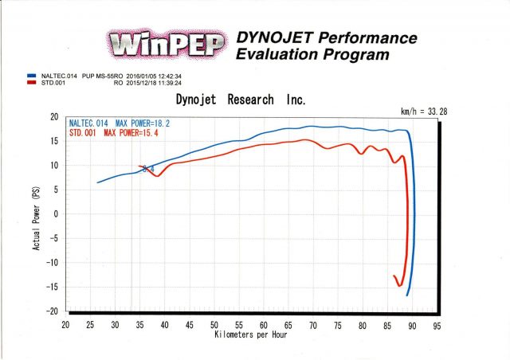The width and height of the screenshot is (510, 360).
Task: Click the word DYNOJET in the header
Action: coord(271,38)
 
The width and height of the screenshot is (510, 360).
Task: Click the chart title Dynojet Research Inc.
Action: coord(240,100)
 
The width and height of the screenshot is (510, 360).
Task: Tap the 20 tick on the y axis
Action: coord(55,117)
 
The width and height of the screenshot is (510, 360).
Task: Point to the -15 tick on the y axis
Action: coord(52,287)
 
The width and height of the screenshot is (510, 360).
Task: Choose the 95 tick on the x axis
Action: coord(437,325)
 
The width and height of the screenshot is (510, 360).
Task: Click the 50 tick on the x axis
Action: coord(214,325)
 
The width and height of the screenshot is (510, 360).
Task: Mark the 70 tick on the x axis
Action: coord(313,325)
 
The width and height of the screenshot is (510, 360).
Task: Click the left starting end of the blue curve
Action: coord(98,182)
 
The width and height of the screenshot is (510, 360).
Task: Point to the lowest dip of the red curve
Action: coord(400,286)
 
